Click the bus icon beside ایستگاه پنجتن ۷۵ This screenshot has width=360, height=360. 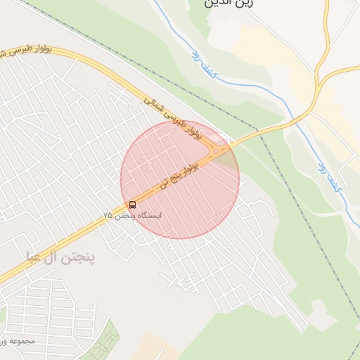point(133,205)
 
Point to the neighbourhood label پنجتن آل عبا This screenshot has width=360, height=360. point(60,257)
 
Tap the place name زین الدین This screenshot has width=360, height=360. point(226,4)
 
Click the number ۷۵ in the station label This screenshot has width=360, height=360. point(108,215)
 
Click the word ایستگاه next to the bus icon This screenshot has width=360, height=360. point(147,215)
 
